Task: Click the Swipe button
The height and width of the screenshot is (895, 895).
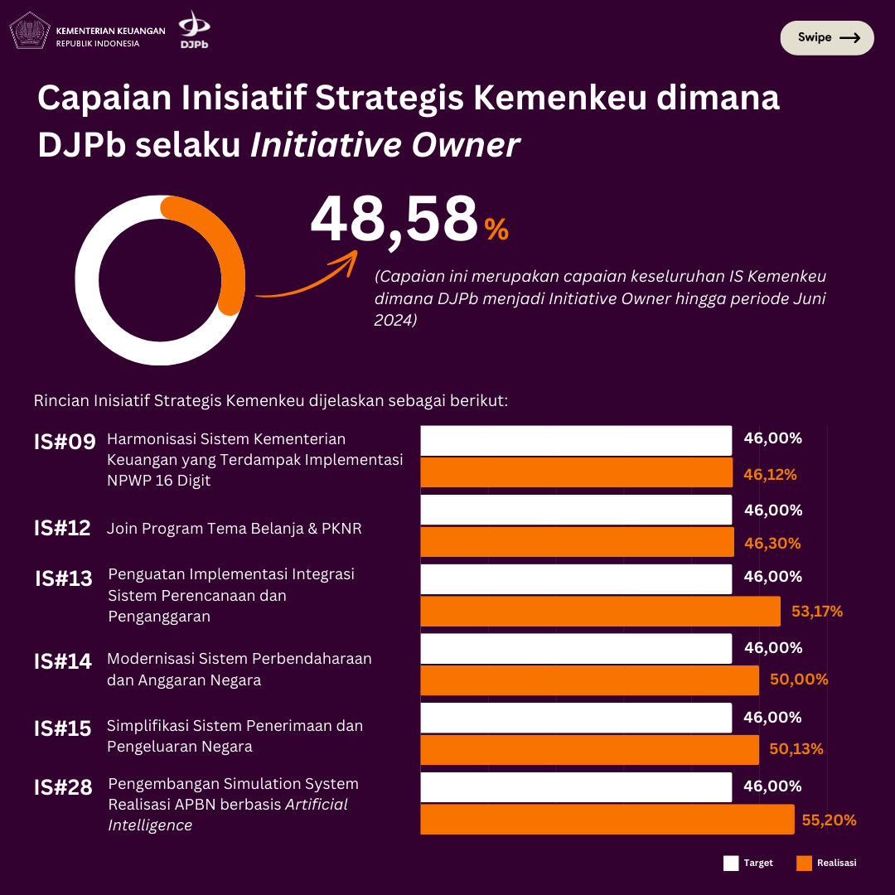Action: click(x=827, y=38)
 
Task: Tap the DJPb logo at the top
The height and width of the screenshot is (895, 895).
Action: click(x=194, y=30)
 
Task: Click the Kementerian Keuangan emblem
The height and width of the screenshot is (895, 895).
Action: click(x=29, y=31)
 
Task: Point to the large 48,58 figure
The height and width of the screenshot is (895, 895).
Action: click(x=394, y=220)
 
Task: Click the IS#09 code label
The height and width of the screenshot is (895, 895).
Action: click(x=65, y=443)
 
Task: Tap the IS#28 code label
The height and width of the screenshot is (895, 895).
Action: click(x=63, y=787)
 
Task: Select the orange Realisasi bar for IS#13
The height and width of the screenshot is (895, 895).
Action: click(x=600, y=612)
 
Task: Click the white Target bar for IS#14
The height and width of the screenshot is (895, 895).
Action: click(x=576, y=648)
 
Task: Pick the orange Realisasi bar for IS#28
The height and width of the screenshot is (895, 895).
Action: click(x=607, y=820)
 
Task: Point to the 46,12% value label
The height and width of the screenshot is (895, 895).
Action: click(x=770, y=475)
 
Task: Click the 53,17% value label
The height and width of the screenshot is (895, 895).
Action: click(x=817, y=612)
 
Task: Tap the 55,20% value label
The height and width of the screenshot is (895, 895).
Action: click(x=829, y=820)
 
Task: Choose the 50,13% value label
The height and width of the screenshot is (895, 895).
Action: click(x=796, y=749)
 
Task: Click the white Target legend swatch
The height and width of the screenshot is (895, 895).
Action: click(x=730, y=863)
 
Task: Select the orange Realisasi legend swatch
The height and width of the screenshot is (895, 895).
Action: click(x=804, y=863)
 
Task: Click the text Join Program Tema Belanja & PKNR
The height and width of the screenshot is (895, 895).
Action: click(x=235, y=529)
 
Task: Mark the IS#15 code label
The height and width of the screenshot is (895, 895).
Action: click(x=63, y=729)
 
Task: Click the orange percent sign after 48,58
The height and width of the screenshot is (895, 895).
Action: click(x=496, y=230)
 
